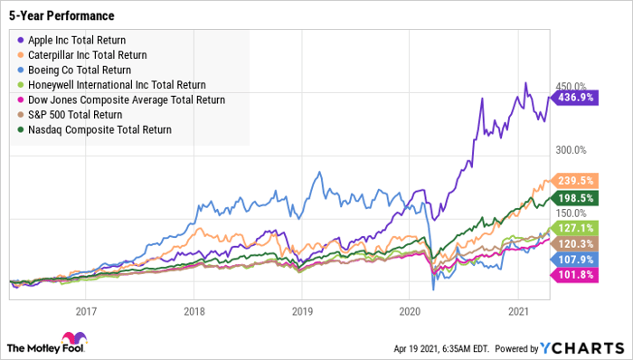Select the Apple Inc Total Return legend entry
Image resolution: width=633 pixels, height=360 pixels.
[x=76, y=40]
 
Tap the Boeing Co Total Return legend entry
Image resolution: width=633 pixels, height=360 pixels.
[x=78, y=70]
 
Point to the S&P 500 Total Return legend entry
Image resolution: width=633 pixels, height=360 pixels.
[x=76, y=114]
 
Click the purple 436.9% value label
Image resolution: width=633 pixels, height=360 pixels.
[x=572, y=97]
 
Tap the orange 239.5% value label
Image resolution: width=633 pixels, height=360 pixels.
[x=572, y=180]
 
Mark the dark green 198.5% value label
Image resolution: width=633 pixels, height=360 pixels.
[x=572, y=197]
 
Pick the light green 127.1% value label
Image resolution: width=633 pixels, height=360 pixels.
[x=572, y=228]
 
